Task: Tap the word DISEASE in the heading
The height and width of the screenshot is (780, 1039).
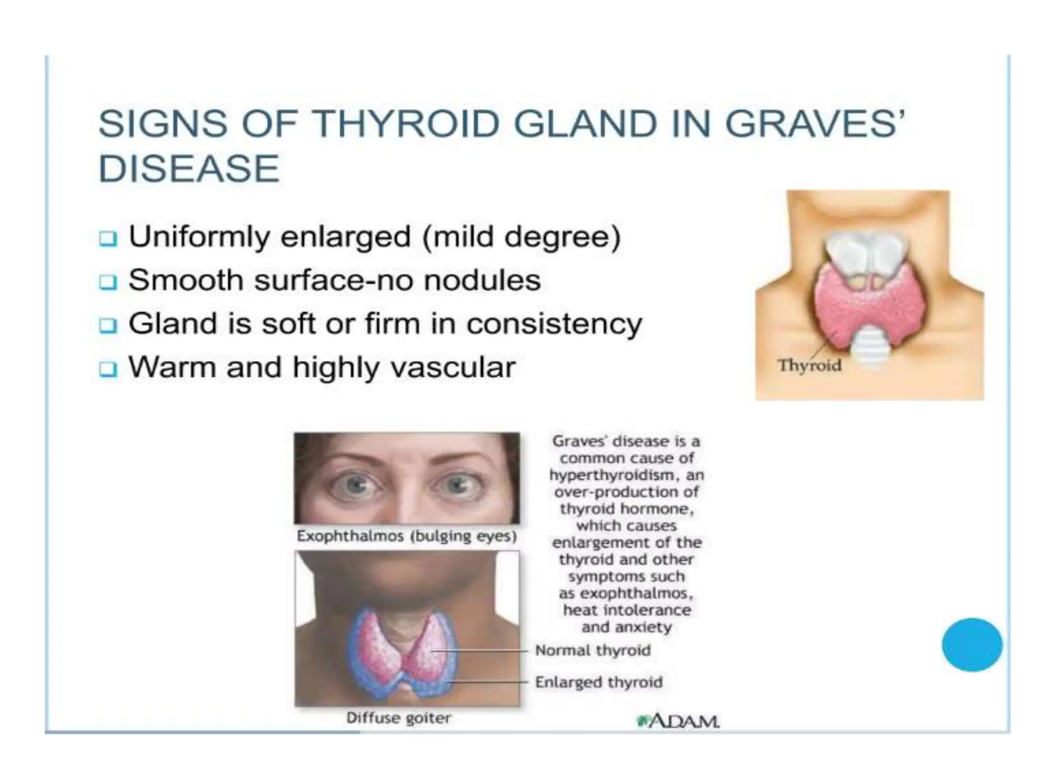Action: pos(189,169)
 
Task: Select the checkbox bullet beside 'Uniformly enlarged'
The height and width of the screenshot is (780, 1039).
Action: pos(108,238)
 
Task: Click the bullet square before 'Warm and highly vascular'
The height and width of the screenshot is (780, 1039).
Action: pos(108,369)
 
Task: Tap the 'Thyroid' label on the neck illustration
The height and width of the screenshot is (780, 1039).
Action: pos(809,365)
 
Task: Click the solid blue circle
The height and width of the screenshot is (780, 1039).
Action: pos(972,644)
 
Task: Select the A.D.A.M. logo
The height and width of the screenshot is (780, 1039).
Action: pos(678,721)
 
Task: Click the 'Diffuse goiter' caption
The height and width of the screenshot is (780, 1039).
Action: pos(398,718)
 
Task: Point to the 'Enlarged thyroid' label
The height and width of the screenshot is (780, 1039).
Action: pos(599,682)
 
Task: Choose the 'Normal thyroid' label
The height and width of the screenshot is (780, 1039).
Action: pos(593,650)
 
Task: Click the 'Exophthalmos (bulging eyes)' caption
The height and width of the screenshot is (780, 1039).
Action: pos(406,536)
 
